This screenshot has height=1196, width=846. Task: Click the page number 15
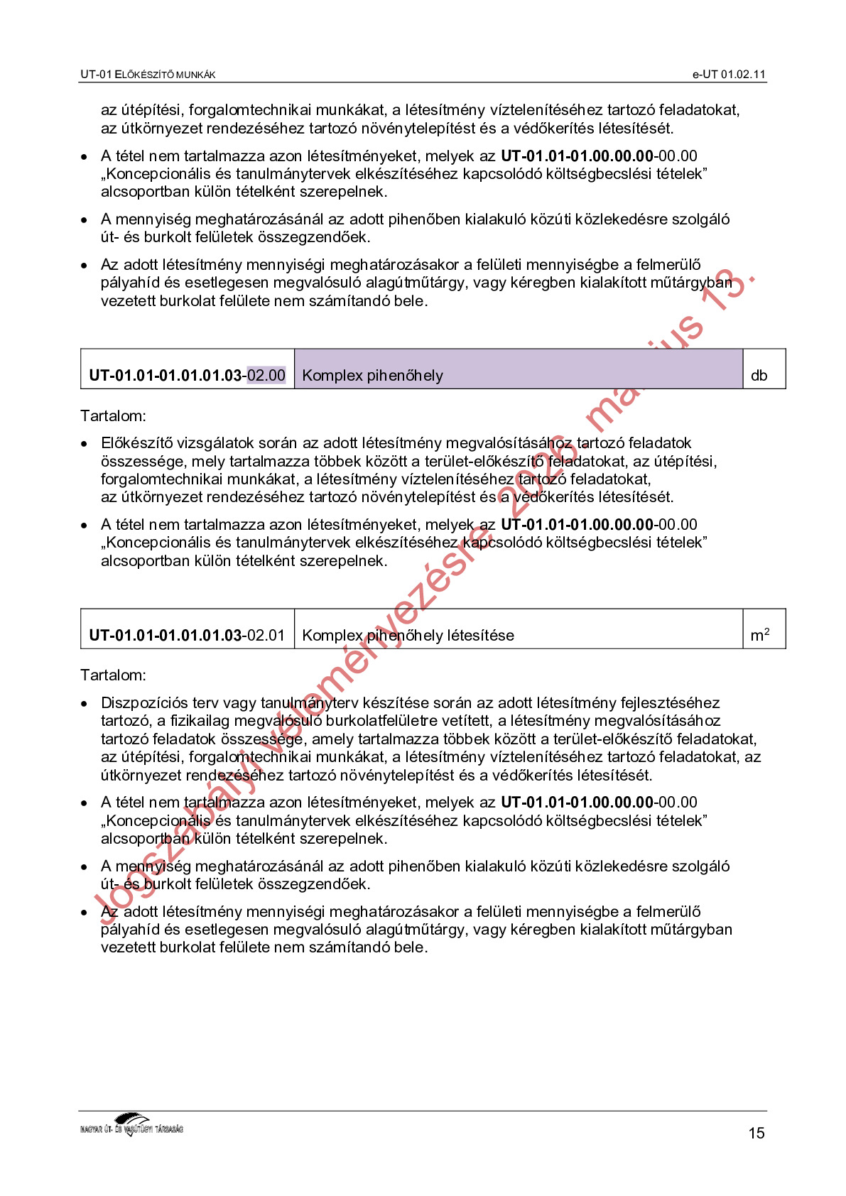click(x=756, y=1133)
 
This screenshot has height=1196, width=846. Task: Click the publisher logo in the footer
click(x=132, y=1125)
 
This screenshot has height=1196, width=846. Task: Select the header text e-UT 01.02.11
click(x=729, y=75)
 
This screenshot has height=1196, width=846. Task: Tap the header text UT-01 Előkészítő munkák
click(x=148, y=75)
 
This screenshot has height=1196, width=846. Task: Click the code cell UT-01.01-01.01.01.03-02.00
click(x=187, y=375)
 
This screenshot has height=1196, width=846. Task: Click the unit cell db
click(x=759, y=375)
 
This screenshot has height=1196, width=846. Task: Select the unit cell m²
click(x=759, y=635)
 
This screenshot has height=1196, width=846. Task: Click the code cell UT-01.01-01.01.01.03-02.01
click(x=187, y=635)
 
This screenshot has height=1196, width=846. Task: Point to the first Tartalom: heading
click(x=113, y=415)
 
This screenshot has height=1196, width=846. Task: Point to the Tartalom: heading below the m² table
click(x=113, y=675)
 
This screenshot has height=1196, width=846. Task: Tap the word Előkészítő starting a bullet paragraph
click(x=136, y=443)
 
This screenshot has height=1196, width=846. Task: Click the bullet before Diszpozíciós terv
click(x=85, y=704)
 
